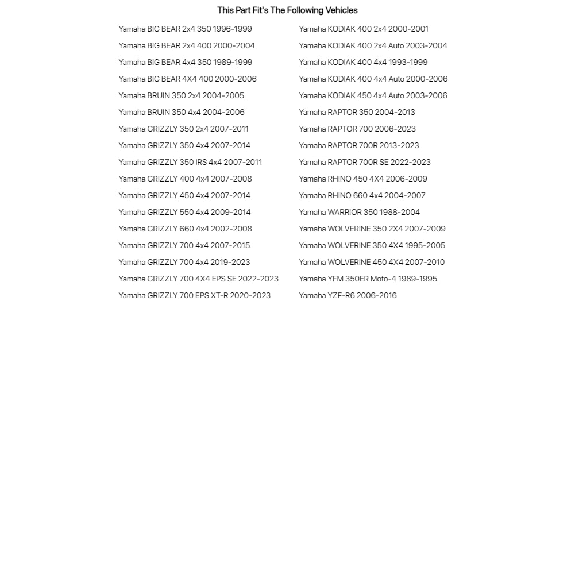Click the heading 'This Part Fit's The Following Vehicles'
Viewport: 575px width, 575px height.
coord(287,10)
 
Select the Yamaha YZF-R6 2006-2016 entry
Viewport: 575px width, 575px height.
coord(348,295)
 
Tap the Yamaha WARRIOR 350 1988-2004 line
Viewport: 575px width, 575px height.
coord(359,212)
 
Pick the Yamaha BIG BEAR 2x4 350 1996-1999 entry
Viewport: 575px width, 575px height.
coord(185,29)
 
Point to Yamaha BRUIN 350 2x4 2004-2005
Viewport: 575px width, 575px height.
coord(181,95)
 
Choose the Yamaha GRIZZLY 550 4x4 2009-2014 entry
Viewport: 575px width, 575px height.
coord(184,212)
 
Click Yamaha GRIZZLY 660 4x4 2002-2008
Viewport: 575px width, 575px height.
coord(185,229)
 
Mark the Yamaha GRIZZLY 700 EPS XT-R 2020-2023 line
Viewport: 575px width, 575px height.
coord(194,295)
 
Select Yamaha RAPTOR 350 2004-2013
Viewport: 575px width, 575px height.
coord(357,112)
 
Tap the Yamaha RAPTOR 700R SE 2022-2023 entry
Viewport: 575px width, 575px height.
coord(365,162)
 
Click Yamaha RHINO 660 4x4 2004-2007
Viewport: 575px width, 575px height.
coord(362,195)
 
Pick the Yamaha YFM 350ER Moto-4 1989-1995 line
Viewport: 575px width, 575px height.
coord(368,279)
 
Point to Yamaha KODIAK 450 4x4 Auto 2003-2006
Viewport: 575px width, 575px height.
coord(373,95)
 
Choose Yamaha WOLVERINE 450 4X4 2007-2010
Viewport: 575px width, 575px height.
coord(372,262)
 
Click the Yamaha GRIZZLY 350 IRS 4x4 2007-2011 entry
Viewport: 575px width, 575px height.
coord(190,162)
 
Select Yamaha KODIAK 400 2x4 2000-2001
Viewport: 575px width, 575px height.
coord(364,29)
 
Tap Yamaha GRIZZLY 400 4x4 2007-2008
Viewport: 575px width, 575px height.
coord(185,179)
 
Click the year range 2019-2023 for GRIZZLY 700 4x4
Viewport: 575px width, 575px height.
coord(230,262)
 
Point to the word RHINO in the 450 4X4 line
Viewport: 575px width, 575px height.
coord(339,179)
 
